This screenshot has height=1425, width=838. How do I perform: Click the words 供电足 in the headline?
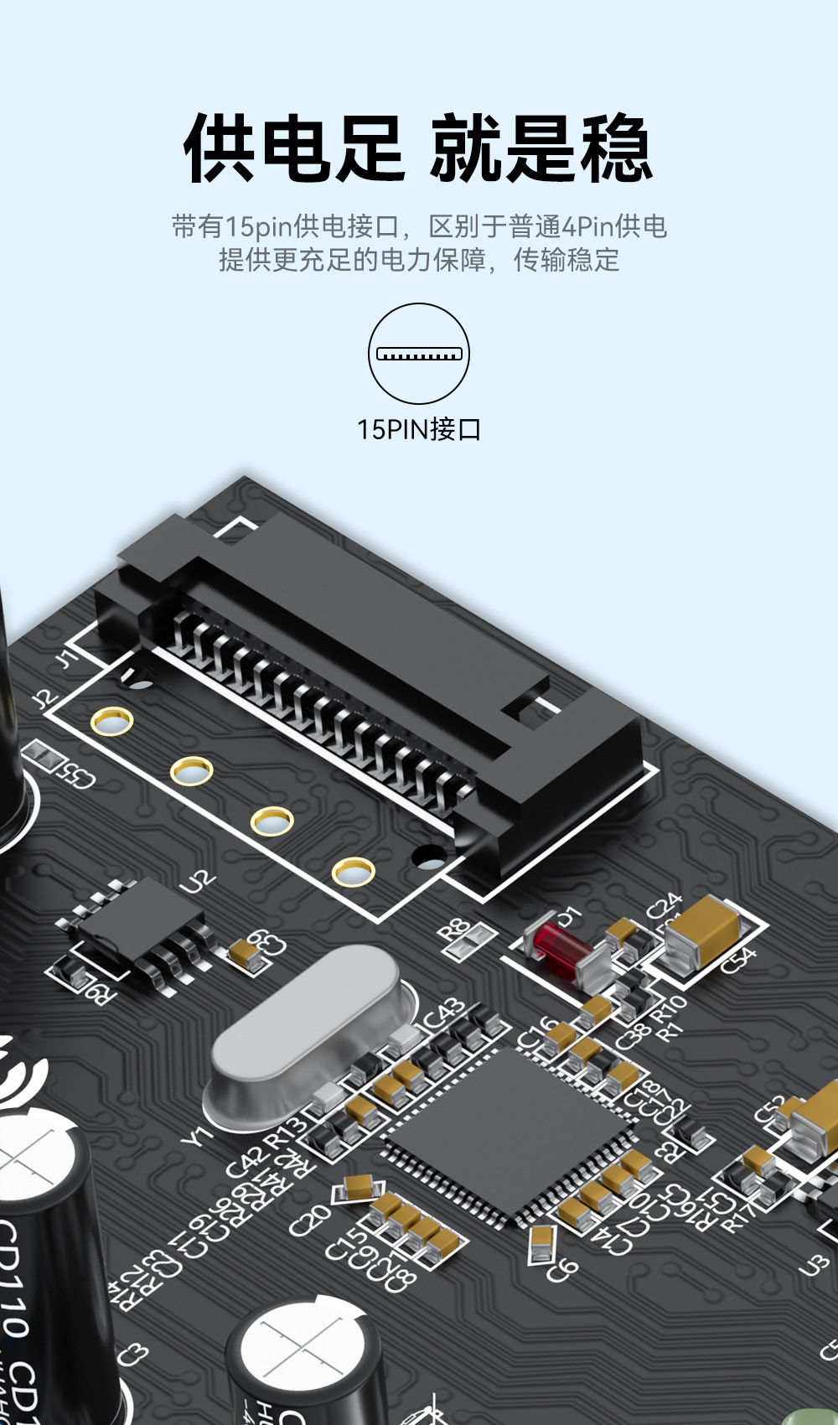coord(293,149)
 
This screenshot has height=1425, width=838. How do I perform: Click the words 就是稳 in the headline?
coord(541,149)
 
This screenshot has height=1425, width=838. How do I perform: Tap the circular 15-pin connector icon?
coord(419,354)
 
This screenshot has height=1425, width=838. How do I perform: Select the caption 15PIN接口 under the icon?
coord(419,429)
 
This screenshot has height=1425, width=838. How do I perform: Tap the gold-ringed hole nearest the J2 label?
coord(111,721)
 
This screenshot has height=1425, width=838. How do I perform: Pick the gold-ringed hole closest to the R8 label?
coord(353,872)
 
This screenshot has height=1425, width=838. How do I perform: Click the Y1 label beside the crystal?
coord(196,1136)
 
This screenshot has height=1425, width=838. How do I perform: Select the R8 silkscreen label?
coord(455,929)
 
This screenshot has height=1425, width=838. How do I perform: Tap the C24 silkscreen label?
coord(664,905)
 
